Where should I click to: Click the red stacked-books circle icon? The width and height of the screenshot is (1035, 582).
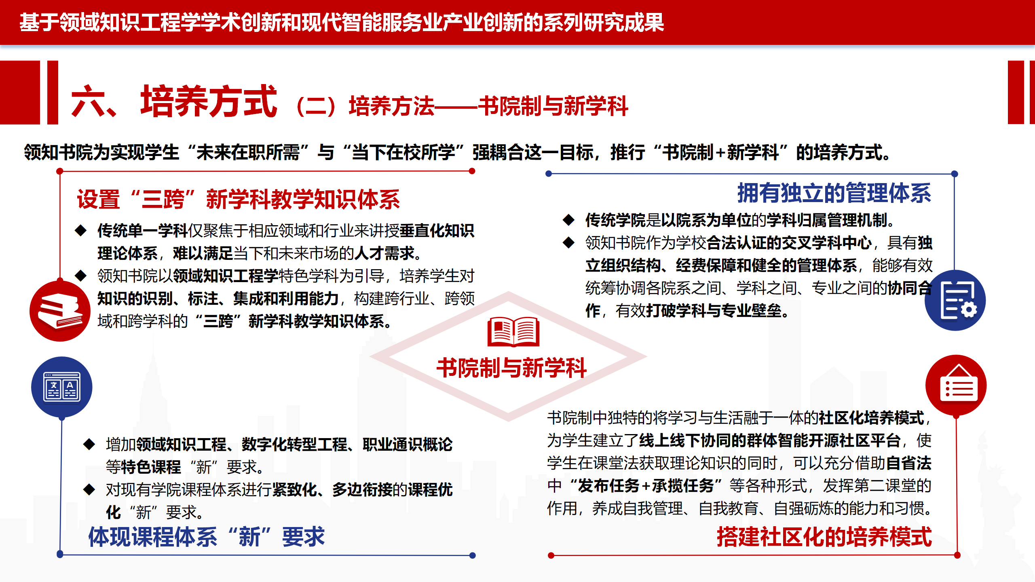click(x=60, y=311)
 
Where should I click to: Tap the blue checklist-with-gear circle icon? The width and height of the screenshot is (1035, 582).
click(x=955, y=300)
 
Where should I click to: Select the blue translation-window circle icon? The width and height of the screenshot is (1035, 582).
click(x=62, y=387)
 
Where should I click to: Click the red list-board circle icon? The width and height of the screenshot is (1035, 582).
click(x=956, y=386)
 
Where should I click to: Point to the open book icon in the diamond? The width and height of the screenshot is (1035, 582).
click(x=513, y=331)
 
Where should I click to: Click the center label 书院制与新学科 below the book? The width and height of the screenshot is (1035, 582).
click(x=512, y=368)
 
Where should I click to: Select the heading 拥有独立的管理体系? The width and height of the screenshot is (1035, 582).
click(x=834, y=193)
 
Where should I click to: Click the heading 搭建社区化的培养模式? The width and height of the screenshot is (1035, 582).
click(x=824, y=537)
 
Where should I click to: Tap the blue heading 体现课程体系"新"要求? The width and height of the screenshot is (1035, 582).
click(x=207, y=537)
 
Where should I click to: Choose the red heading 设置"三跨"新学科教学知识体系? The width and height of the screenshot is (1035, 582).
click(x=239, y=199)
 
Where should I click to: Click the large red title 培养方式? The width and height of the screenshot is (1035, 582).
click(x=209, y=101)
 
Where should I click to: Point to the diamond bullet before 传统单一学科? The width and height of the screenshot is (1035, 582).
click(x=81, y=231)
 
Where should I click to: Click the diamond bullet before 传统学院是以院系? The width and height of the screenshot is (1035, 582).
click(x=569, y=220)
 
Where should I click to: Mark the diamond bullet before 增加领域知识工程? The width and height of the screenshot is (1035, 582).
click(x=89, y=444)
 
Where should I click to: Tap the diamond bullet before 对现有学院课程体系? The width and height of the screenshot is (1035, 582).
click(x=89, y=489)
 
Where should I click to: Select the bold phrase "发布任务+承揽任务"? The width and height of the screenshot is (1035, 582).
click(x=646, y=486)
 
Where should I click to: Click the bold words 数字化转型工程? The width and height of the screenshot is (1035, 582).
click(x=295, y=445)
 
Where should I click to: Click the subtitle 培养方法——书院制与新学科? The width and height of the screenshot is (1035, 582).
click(x=488, y=106)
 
